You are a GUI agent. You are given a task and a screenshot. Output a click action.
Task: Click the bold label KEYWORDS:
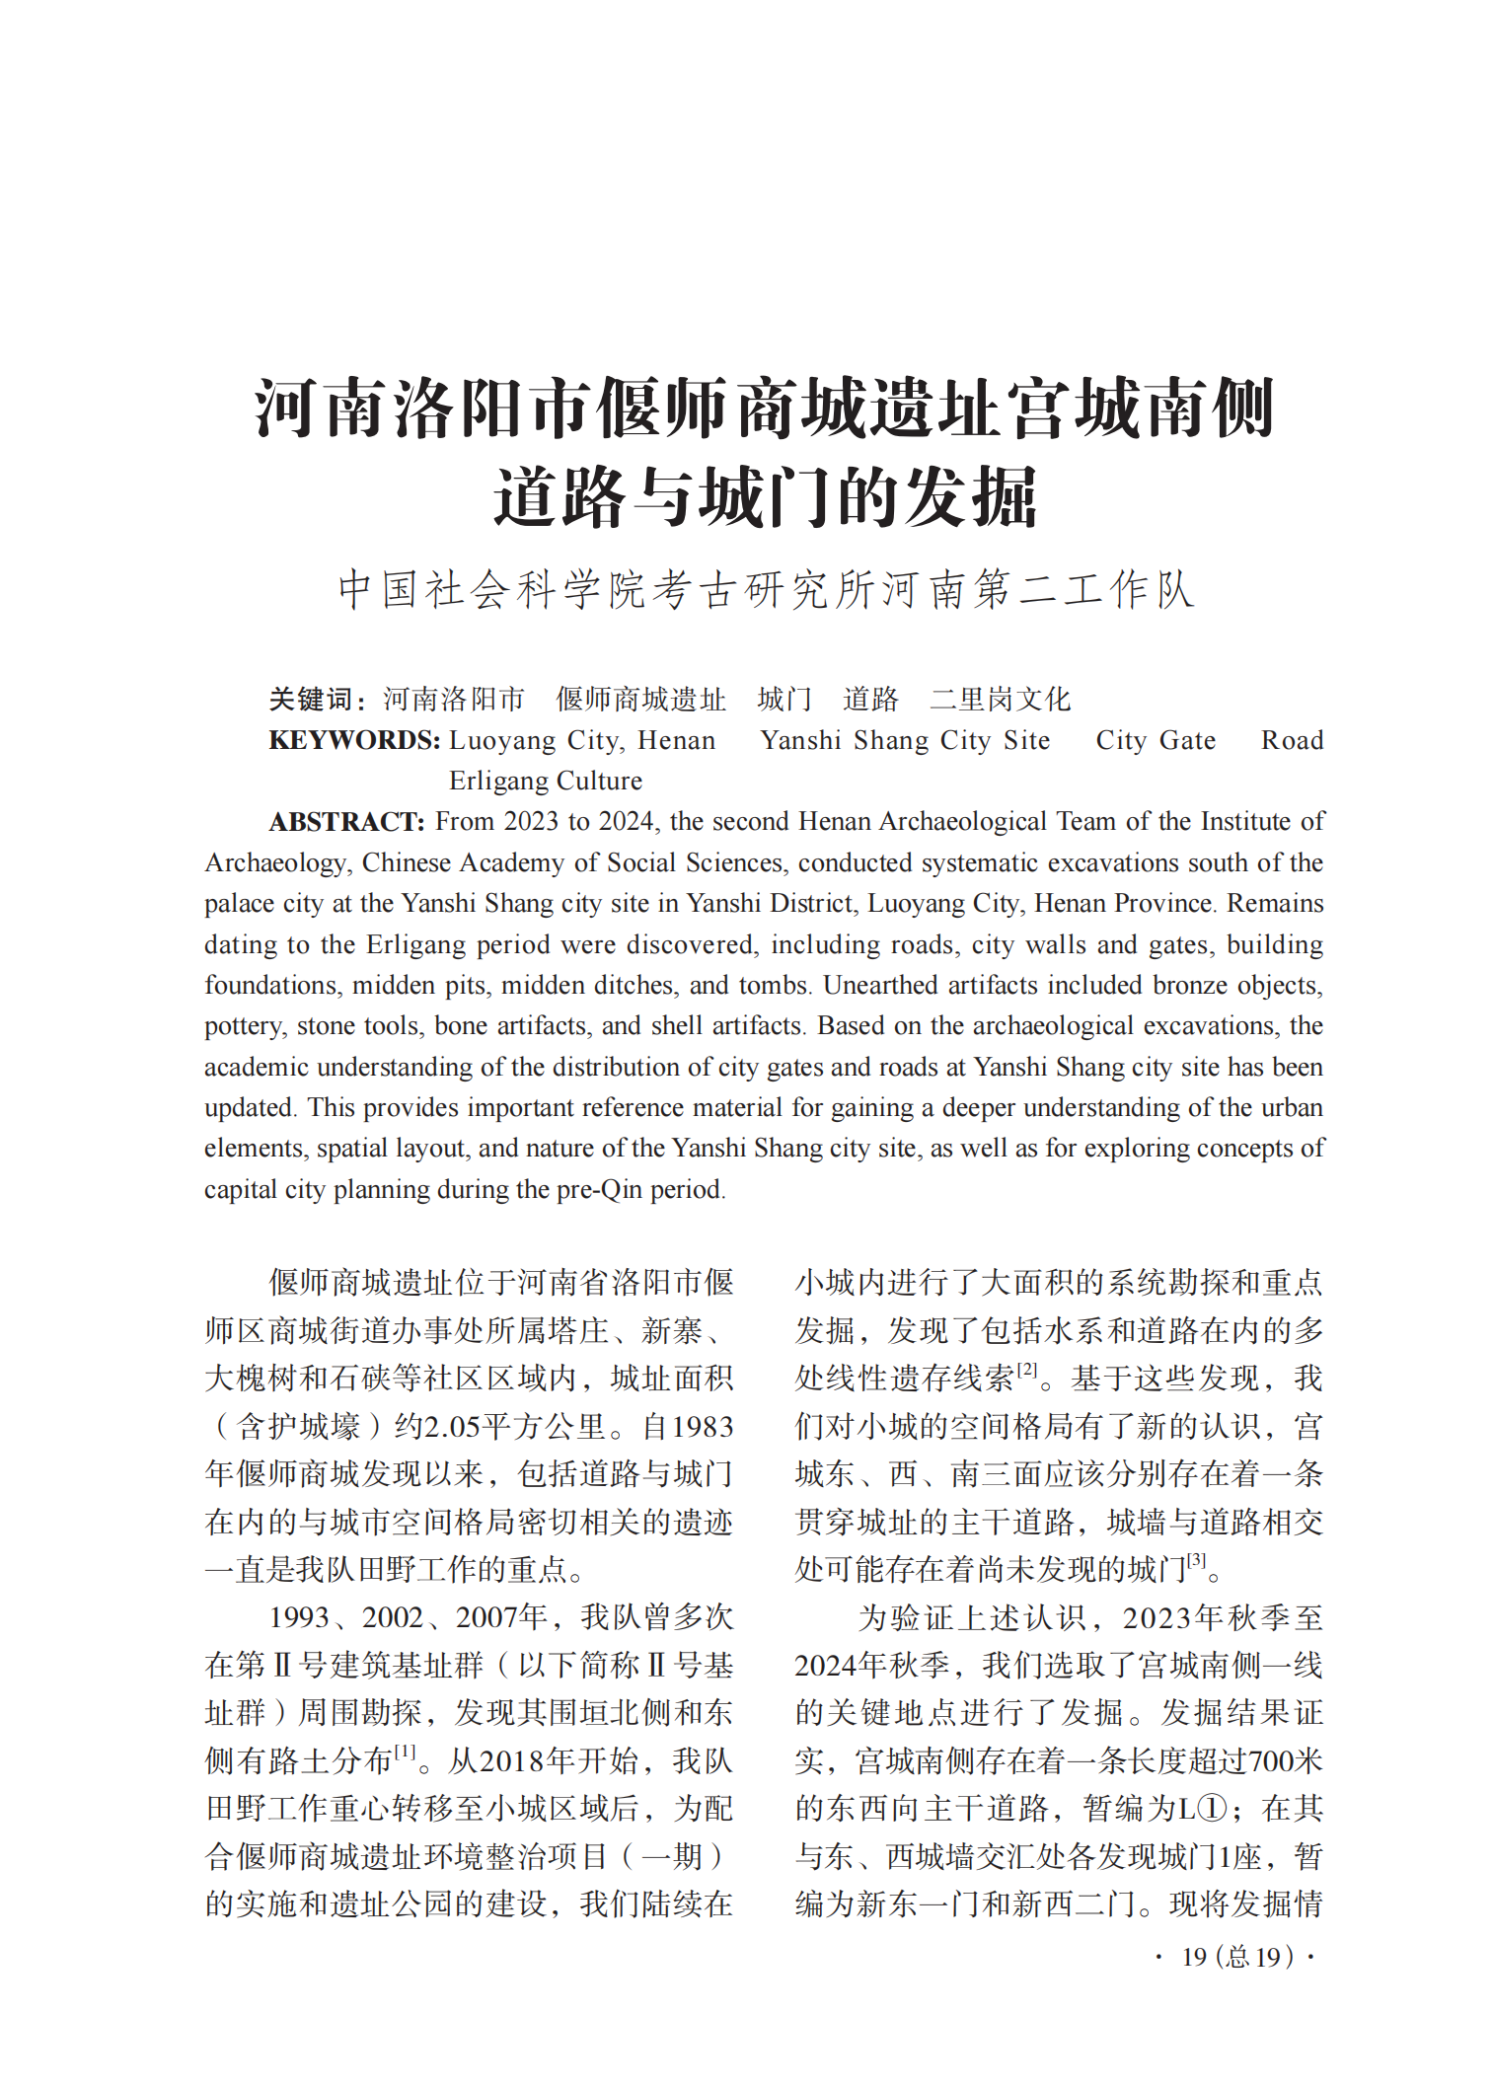354,740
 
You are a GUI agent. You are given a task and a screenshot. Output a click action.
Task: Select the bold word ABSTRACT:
346,822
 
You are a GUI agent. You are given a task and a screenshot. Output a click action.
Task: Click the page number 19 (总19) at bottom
1236,1957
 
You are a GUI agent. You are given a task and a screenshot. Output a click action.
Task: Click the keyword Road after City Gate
1292,740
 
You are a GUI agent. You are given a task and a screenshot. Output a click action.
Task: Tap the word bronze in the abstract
1190,986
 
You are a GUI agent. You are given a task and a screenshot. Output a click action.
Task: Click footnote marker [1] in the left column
406,1752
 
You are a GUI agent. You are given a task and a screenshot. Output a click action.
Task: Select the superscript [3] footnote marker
1196,1560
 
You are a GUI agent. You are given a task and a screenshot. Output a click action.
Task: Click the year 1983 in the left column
703,1427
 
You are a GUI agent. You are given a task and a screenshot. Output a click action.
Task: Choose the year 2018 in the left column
529,1761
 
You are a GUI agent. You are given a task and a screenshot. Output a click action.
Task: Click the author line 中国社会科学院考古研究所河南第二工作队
766,590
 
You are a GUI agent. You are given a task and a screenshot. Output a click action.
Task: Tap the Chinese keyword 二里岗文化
1000,700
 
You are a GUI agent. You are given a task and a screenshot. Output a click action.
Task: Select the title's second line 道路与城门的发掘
766,496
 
